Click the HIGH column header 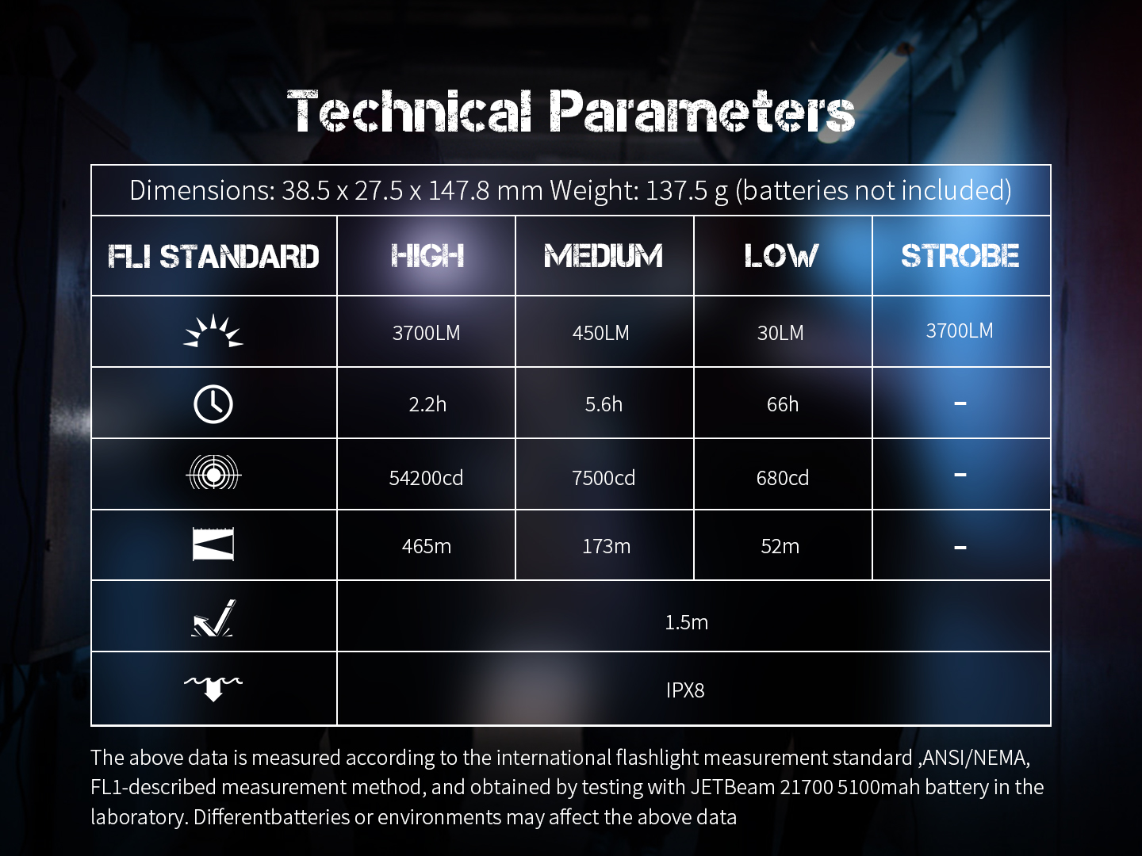(x=427, y=256)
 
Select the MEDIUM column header (x=604, y=256)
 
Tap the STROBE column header (x=960, y=256)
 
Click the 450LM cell (x=601, y=333)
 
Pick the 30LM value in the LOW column (x=780, y=333)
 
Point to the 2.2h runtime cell (x=427, y=404)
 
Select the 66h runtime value (x=783, y=404)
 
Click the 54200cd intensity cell (x=426, y=478)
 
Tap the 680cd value (x=783, y=478)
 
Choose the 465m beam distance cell (x=426, y=546)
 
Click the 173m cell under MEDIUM (x=606, y=546)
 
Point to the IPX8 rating (x=685, y=690)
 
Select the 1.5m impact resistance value (x=686, y=622)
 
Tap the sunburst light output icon (x=213, y=331)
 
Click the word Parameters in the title (x=703, y=111)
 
